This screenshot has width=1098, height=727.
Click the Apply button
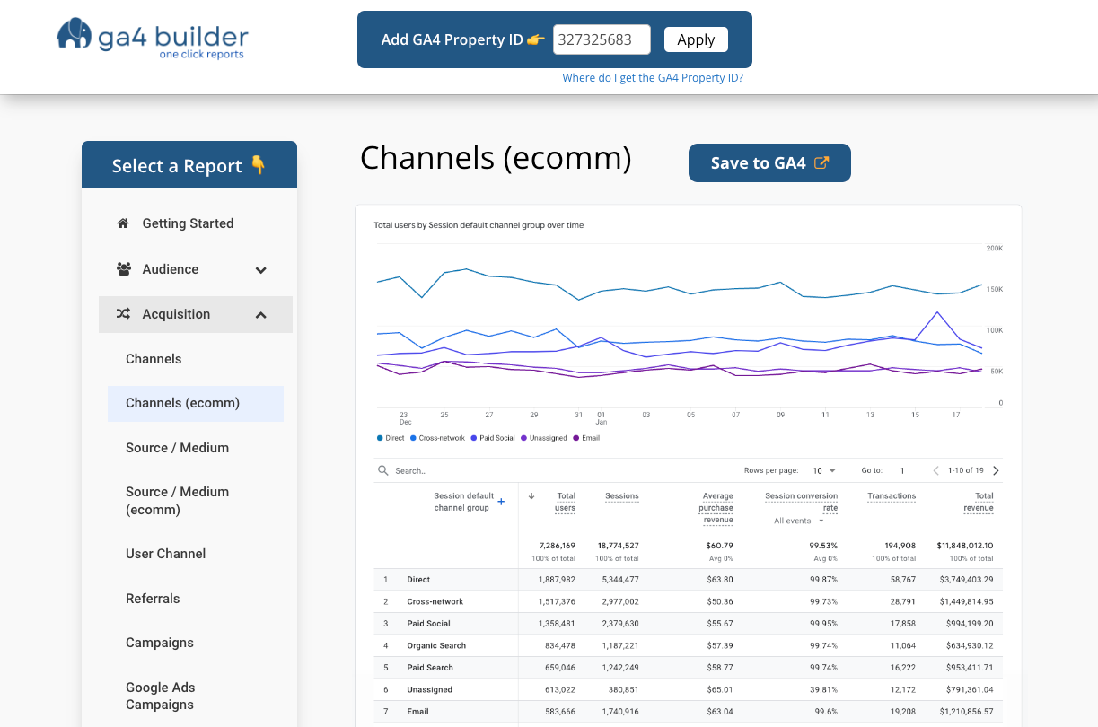click(696, 39)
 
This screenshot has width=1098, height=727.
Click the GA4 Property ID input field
click(602, 39)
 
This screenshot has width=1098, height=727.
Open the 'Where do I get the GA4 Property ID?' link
click(653, 78)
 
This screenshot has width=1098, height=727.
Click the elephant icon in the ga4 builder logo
click(75, 34)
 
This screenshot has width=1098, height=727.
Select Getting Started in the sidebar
click(188, 223)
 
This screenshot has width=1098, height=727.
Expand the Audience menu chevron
click(260, 270)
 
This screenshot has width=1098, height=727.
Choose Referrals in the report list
click(153, 599)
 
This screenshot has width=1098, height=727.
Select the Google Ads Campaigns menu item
click(160, 696)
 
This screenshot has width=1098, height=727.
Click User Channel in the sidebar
click(165, 554)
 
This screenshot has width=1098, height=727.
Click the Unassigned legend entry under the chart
click(548, 438)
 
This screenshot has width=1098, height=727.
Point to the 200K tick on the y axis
click(994, 248)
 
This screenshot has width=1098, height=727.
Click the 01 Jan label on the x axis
click(602, 418)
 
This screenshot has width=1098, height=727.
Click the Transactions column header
click(892, 496)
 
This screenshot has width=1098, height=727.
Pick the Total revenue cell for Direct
click(966, 580)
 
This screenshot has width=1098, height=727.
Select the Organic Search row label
click(436, 646)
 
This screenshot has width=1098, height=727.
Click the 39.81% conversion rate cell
click(823, 690)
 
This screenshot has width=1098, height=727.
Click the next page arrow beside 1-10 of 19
click(996, 470)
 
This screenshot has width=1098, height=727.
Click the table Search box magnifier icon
click(383, 470)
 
